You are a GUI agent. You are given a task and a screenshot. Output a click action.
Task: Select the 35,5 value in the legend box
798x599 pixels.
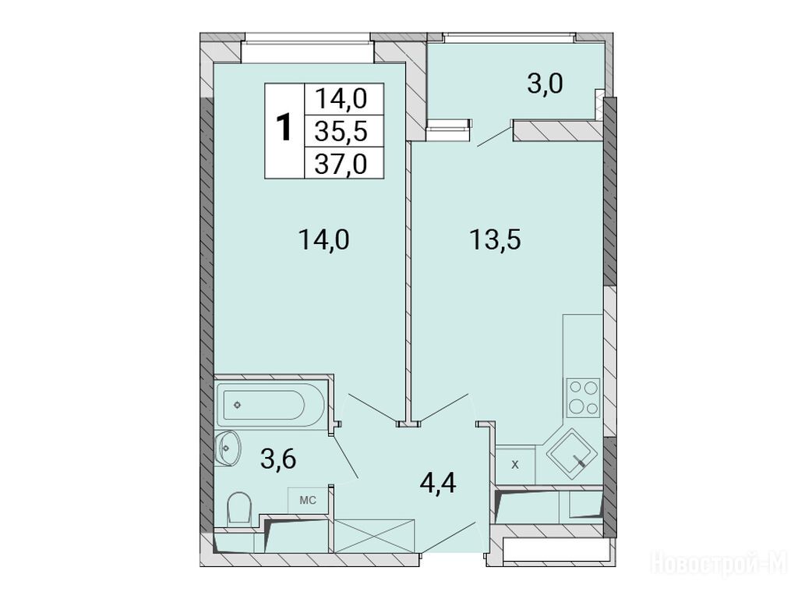(x=341, y=132)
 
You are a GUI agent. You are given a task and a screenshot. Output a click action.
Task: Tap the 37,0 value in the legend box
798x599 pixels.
(x=341, y=165)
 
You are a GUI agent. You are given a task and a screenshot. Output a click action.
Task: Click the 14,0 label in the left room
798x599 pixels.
(x=324, y=239)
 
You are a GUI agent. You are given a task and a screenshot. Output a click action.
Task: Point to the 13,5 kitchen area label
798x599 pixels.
(x=495, y=239)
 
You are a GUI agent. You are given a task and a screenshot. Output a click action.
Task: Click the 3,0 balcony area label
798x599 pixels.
(x=545, y=83)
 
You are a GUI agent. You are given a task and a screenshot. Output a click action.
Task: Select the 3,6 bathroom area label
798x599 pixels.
(x=278, y=460)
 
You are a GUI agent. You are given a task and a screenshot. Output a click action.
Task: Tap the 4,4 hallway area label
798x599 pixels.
(x=438, y=482)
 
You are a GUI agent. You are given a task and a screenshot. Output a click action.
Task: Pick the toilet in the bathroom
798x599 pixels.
(x=239, y=507)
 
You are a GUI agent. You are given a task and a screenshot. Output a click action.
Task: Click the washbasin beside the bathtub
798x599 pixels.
(x=227, y=448)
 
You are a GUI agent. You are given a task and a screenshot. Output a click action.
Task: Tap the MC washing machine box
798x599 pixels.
(x=307, y=500)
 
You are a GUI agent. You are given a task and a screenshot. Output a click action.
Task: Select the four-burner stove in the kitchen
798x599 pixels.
(x=583, y=397)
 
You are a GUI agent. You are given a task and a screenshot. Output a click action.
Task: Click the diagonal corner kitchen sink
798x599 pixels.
(x=571, y=453)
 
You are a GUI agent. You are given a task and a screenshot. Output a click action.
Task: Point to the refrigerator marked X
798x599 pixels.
(x=515, y=465)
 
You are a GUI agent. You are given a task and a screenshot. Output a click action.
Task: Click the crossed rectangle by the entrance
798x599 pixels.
(x=374, y=536)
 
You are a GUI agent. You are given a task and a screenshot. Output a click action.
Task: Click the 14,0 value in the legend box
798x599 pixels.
(x=341, y=99)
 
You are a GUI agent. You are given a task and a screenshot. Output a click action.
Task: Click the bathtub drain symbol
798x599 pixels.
(x=237, y=405)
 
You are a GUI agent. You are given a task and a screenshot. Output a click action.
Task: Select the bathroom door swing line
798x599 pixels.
(x=344, y=456)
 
